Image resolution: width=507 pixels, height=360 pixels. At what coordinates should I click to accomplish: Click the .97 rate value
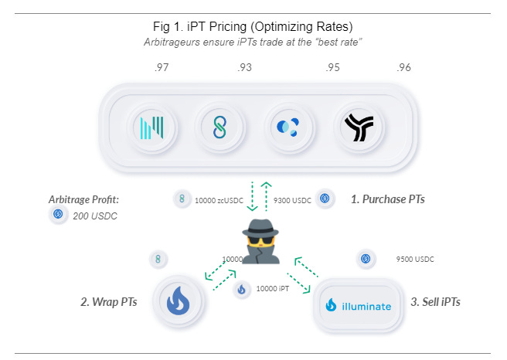click(161, 68)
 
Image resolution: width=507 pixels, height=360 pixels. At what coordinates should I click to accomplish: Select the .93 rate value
click(245, 68)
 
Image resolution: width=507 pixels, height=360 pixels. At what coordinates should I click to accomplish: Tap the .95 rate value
click(332, 68)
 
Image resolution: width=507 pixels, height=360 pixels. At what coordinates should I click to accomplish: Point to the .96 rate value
click(403, 68)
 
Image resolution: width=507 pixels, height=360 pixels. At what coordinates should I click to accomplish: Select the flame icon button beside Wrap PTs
click(178, 301)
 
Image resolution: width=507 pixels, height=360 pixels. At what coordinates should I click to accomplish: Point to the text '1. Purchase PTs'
click(387, 199)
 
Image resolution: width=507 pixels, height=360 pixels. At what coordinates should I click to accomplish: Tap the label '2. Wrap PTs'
click(109, 301)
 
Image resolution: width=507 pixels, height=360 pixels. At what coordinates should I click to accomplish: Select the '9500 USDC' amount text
click(414, 260)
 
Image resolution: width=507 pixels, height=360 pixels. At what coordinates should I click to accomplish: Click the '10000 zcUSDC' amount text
click(220, 200)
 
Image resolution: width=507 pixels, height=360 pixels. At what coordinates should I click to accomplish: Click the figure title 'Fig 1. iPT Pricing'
click(253, 27)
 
